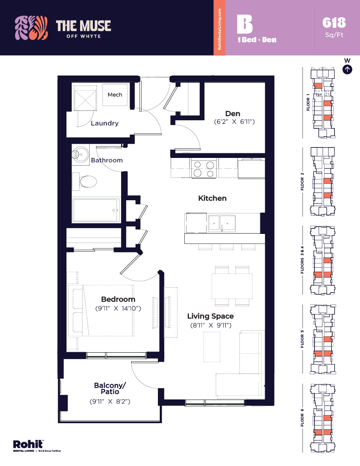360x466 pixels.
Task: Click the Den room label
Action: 233,113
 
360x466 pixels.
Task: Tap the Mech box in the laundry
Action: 115,95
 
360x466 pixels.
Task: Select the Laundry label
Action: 105,123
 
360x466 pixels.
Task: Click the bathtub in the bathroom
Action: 96,211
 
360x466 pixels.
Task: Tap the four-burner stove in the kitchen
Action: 204,169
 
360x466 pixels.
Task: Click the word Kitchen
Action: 212,198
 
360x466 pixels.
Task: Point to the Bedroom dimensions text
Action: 118,309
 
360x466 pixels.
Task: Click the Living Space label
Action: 211,316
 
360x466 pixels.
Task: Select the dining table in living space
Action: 232,286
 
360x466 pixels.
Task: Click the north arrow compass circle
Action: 347,70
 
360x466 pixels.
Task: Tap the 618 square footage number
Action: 334,22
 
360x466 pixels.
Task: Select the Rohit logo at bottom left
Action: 28,444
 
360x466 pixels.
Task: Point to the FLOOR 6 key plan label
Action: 302,418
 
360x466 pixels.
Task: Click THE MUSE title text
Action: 83,25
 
